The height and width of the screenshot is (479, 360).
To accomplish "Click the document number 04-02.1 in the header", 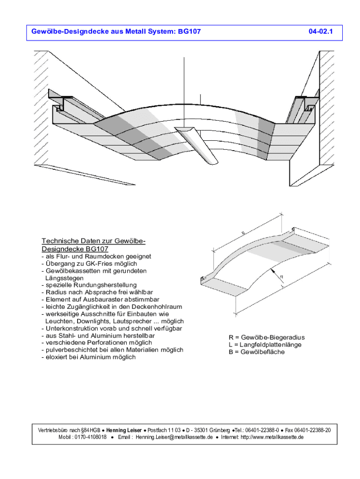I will pyautogui.click(x=320, y=32).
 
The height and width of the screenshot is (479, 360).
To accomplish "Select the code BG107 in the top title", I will pyautogui.click(x=189, y=32).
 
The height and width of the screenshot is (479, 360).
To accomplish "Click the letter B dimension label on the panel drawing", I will pyautogui.click(x=243, y=232).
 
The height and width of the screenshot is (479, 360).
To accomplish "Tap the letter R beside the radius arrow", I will pyautogui.click(x=281, y=277).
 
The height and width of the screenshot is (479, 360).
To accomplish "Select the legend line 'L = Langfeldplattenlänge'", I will pyautogui.click(x=265, y=345).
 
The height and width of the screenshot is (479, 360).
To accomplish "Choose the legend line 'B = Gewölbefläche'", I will pyautogui.click(x=256, y=352).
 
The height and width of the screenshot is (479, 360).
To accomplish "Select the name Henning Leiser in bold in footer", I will pyautogui.click(x=124, y=430).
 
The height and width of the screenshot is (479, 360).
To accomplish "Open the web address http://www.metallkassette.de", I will pyautogui.click(x=267, y=437).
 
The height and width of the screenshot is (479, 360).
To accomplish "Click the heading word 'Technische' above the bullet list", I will pyautogui.click(x=59, y=241).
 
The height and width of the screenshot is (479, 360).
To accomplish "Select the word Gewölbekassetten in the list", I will pyautogui.click(x=72, y=270).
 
